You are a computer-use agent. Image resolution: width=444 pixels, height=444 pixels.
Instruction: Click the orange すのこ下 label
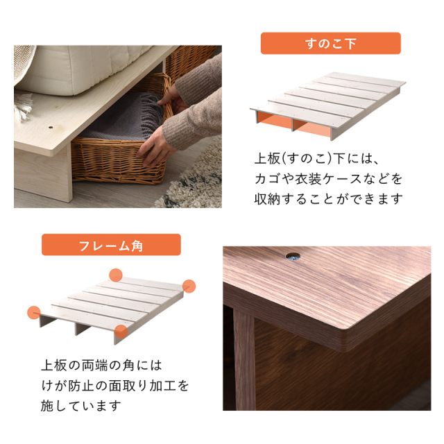(330, 43)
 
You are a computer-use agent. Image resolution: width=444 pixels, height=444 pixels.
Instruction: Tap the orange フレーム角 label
(111, 245)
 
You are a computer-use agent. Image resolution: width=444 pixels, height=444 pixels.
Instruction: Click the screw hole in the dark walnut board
(293, 257)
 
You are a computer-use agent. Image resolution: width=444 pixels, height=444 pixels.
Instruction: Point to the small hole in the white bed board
(51, 128)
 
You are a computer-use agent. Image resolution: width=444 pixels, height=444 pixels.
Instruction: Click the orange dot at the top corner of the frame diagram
(116, 275)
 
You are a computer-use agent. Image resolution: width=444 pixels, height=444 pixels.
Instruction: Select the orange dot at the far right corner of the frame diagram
(189, 286)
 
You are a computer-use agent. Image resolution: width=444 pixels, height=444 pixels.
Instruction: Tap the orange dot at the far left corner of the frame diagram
(34, 313)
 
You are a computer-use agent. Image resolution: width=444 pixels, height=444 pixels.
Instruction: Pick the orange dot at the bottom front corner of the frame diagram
(121, 332)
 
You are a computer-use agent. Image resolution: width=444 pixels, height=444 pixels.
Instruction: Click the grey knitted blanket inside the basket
(125, 119)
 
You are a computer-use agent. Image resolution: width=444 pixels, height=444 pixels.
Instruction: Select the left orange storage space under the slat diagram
(274, 119)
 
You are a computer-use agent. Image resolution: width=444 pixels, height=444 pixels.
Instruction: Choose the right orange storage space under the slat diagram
(312, 128)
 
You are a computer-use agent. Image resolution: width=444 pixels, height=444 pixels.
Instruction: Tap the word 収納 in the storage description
(267, 199)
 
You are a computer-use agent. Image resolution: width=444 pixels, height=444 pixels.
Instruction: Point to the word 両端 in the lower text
(95, 366)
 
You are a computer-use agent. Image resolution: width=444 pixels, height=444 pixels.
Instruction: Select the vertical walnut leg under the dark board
(244, 359)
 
